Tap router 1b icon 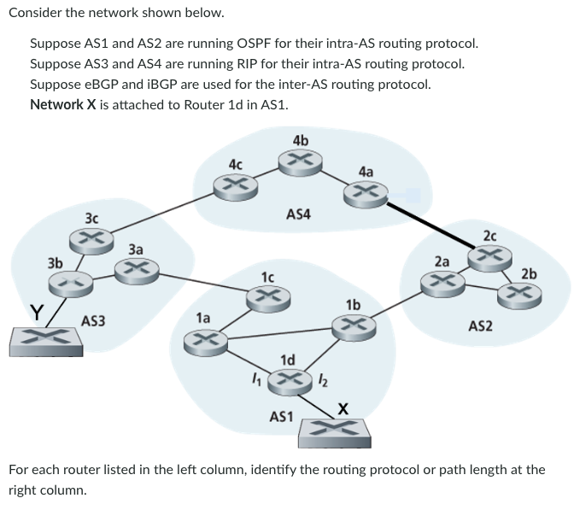352,325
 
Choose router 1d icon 289,381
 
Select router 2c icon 489,255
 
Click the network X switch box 333,431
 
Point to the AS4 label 298,214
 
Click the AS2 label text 480,325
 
